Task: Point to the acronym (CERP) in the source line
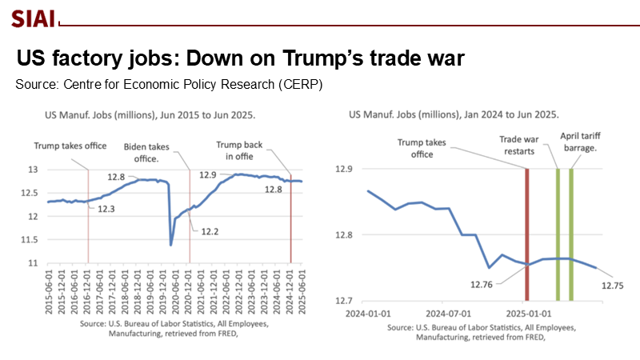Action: click(x=299, y=84)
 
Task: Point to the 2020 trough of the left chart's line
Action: click(x=171, y=244)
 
